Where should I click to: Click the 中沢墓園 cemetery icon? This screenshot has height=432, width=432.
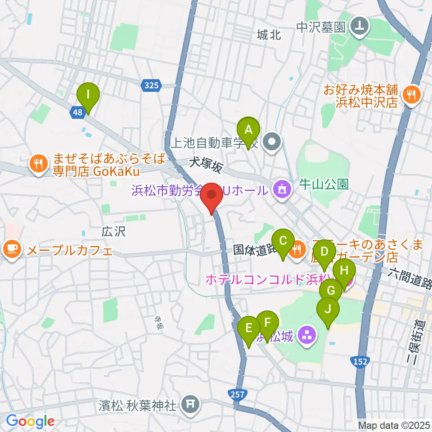coord(360,27)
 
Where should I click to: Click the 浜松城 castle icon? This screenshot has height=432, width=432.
coord(308,335)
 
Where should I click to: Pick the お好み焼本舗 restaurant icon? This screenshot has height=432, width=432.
coord(411,94)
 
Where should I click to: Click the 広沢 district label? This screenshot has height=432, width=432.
coord(112,232)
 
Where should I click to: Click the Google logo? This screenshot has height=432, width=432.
coord(31,421)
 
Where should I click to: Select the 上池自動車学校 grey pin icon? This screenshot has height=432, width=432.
coord(272,144)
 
